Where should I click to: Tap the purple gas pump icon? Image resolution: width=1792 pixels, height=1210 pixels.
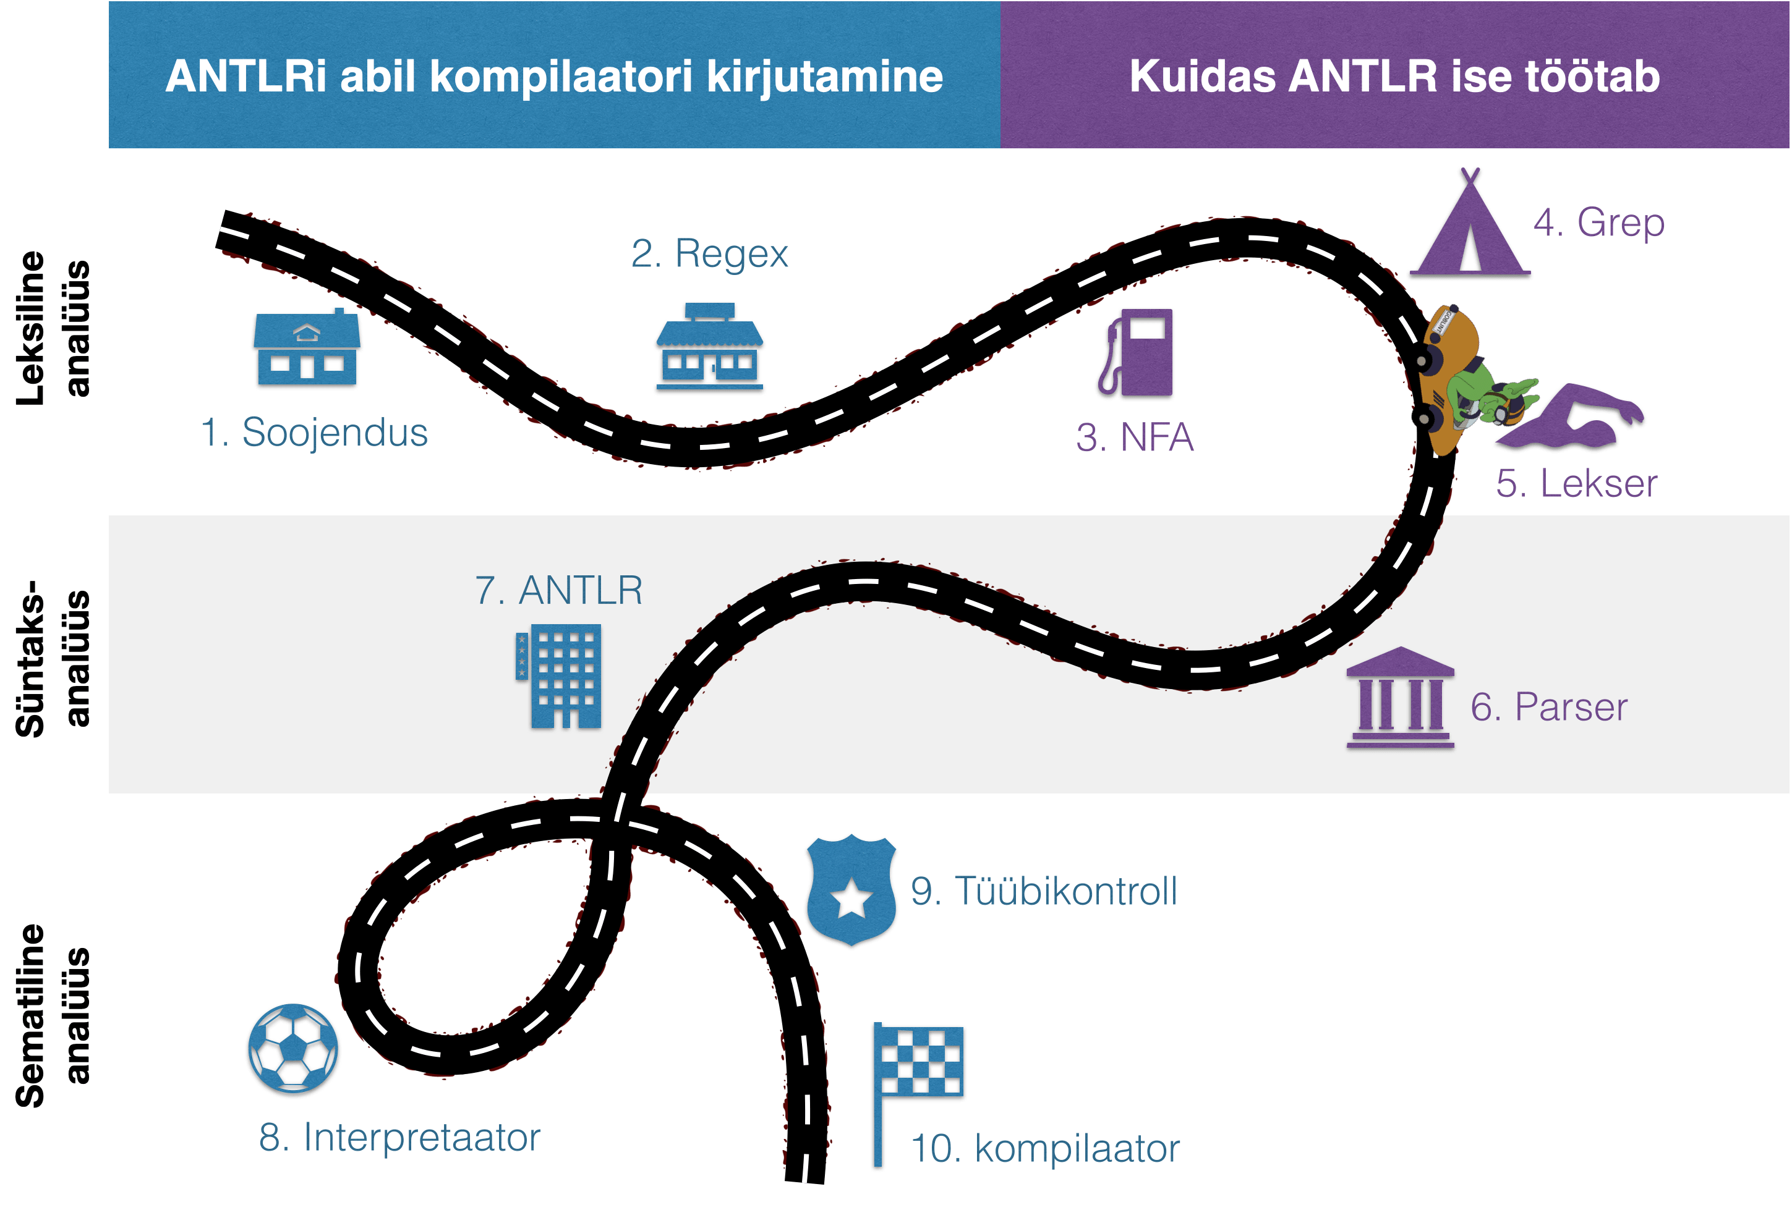pos(1137,355)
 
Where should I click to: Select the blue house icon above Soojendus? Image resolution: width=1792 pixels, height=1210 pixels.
pos(307,350)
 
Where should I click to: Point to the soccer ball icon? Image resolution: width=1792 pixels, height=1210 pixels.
pos(293,1050)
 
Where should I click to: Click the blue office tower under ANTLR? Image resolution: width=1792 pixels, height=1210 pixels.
pos(560,677)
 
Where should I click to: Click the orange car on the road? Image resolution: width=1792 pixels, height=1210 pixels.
pos(1448,378)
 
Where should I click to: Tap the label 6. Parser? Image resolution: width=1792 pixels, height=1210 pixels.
pos(1548,708)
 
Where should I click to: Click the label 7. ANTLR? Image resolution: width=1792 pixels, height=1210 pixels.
pos(559,591)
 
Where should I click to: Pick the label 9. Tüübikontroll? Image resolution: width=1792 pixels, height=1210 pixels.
pos(1043,892)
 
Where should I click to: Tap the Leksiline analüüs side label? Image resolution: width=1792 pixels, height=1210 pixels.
pos(52,329)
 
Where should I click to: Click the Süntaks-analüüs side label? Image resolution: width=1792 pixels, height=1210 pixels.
pos(52,659)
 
